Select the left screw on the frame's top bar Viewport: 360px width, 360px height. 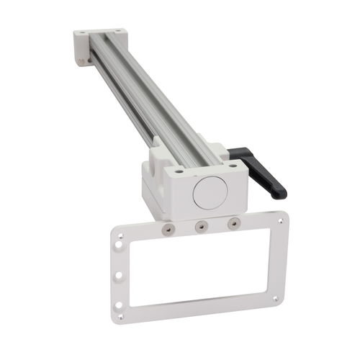click(x=167, y=228)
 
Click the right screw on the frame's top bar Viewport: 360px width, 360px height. click(x=232, y=224)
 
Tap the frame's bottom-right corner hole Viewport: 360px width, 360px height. click(x=274, y=299)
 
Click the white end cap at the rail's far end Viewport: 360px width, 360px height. click(x=97, y=45)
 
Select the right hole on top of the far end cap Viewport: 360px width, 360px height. click(x=112, y=31)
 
